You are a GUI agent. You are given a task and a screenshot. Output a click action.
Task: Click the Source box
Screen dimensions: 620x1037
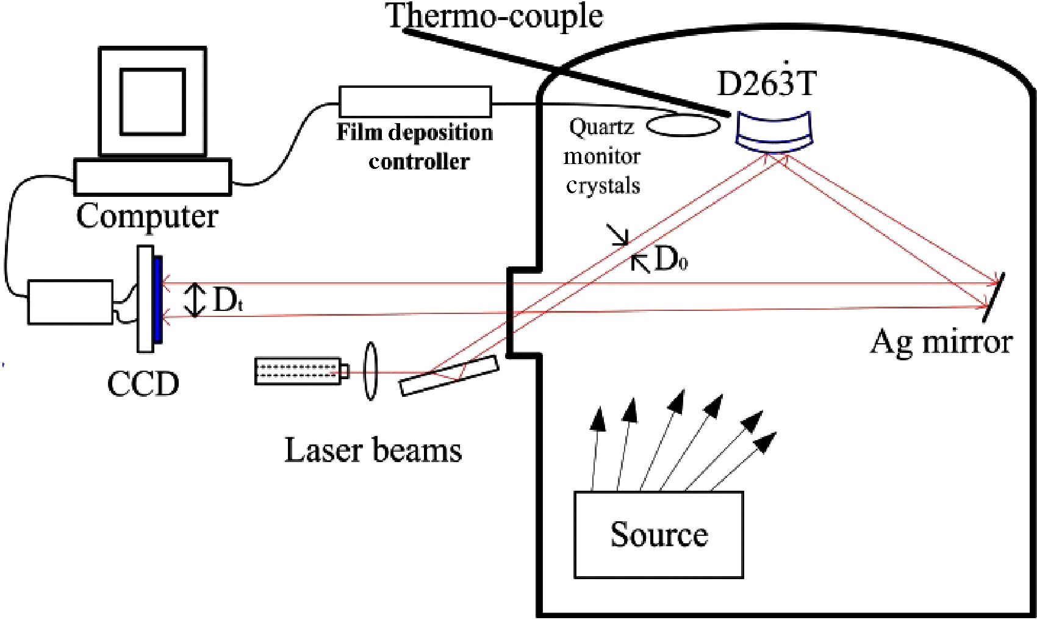tap(659, 535)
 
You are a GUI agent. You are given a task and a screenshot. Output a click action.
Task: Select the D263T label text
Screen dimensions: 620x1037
tap(766, 84)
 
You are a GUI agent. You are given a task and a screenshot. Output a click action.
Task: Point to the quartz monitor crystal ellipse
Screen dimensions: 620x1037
tap(683, 126)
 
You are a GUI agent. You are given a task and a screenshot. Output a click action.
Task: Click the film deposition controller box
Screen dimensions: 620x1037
tap(415, 102)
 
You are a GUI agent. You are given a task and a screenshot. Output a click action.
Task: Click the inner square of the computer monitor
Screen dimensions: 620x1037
tap(152, 101)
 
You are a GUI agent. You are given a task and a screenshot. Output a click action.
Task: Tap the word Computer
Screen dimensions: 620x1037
tap(147, 216)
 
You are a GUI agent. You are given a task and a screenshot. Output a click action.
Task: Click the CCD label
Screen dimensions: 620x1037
tap(143, 383)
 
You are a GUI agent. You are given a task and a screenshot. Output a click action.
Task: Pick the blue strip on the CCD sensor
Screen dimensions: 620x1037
tap(158, 299)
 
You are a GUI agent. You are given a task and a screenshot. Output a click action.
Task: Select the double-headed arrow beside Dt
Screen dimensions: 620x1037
tap(195, 300)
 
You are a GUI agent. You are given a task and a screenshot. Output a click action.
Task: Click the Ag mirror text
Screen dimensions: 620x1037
tap(941, 342)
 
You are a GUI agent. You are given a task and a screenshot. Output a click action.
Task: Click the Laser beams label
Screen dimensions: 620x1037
tap(373, 451)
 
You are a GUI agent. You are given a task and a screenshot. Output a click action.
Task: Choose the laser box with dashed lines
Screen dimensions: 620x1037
tap(298, 371)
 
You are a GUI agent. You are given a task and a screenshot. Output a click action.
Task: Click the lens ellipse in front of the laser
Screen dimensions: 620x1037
tap(370, 371)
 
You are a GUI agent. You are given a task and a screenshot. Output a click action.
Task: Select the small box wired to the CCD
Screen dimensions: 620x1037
tap(70, 302)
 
